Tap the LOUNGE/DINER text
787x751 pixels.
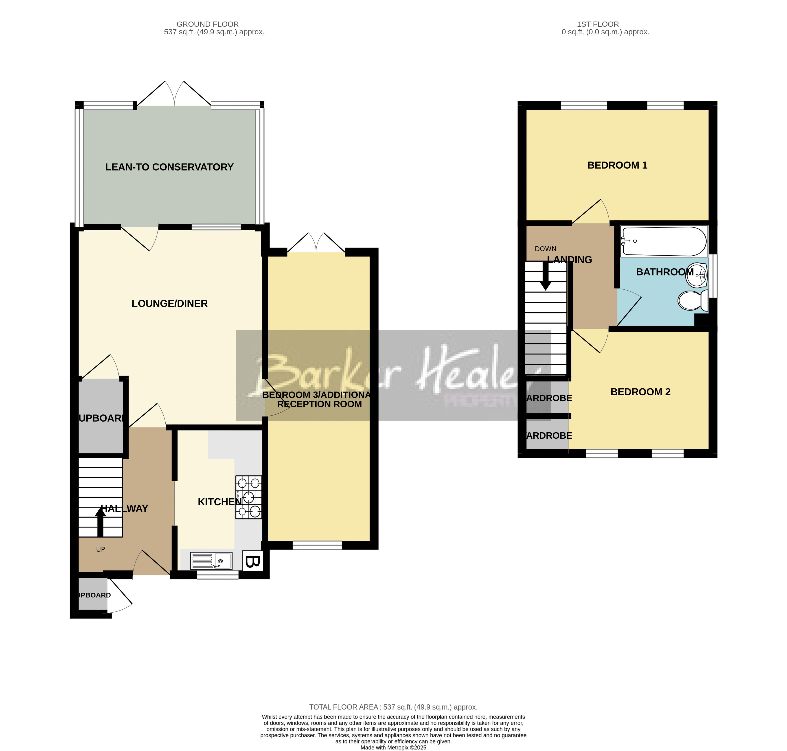point(169,303)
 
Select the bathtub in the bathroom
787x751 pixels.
point(663,241)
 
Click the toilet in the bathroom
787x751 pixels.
point(693,301)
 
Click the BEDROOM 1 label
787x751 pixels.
point(617,165)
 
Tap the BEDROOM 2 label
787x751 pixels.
point(640,392)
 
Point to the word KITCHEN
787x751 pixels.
point(219,502)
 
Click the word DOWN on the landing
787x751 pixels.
point(545,249)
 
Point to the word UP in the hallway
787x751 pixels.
point(101,549)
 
